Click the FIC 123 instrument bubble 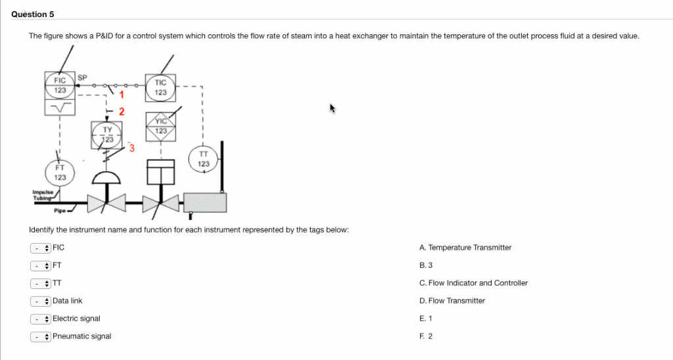tap(60, 85)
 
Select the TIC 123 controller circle tap(160, 88)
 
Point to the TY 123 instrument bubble tap(107, 135)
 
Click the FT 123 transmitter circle tap(60, 172)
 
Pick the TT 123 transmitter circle tap(203, 159)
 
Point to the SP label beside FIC tap(82, 78)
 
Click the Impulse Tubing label tap(40, 194)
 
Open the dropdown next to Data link tap(40, 301)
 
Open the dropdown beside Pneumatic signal tap(40, 336)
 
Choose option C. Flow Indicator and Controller tap(473, 283)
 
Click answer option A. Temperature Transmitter tap(465, 248)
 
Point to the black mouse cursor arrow tap(333, 108)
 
